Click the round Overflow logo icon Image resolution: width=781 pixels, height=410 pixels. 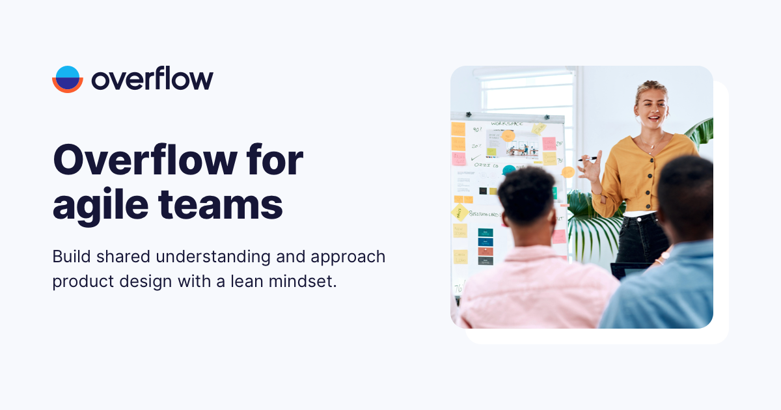click(68, 79)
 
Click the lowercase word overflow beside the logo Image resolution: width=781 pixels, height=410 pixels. click(152, 79)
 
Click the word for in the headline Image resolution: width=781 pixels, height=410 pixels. click(277, 160)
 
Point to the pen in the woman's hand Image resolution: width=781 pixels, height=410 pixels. click(589, 158)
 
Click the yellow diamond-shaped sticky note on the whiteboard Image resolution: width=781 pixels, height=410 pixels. click(459, 212)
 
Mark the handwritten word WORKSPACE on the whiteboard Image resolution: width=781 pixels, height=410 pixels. click(506, 123)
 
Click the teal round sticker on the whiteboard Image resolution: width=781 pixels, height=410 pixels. click(509, 171)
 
